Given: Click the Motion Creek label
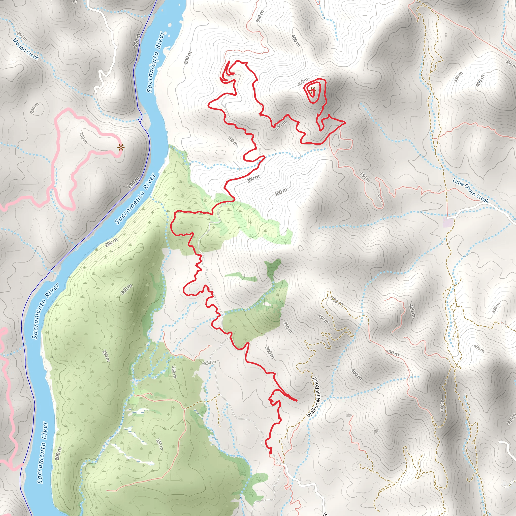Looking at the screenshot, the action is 26,49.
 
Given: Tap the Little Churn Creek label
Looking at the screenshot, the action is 470,191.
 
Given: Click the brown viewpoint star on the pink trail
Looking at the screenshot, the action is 121,147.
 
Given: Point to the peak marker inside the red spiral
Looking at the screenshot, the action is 312,90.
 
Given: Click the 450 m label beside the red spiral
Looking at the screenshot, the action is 303,82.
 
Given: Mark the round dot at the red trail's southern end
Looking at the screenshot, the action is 270,453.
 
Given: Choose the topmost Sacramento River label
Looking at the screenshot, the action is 155,62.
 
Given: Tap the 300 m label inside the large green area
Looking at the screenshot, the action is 126,289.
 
